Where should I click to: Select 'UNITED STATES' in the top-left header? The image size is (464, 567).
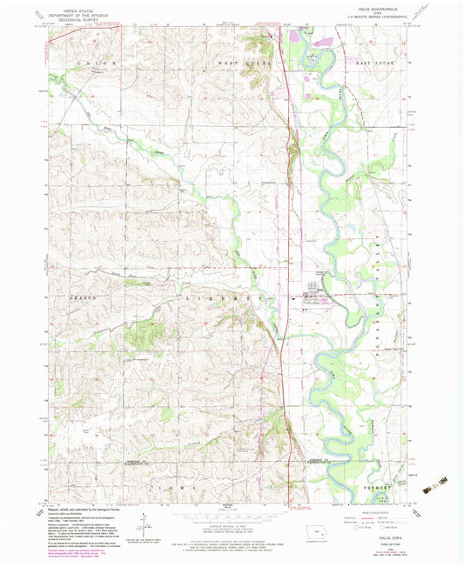click(x=71, y=9)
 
